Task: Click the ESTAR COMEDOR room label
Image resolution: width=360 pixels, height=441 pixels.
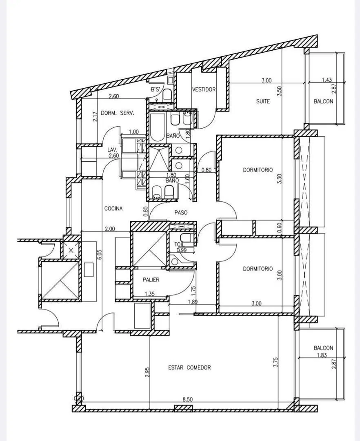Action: (x=189, y=367)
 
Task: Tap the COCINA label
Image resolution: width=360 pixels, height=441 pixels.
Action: (x=113, y=208)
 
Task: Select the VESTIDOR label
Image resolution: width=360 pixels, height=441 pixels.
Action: (x=204, y=89)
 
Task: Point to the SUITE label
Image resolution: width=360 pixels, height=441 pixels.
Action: (x=263, y=101)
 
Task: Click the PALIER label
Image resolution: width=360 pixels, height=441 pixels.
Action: (x=151, y=280)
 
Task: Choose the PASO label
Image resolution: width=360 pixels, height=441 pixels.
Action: (x=181, y=213)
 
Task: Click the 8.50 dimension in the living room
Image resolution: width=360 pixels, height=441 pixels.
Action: (x=188, y=399)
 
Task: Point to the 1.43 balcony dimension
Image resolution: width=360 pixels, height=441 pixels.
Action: (x=327, y=80)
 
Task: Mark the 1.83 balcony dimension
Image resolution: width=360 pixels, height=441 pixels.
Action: (x=322, y=355)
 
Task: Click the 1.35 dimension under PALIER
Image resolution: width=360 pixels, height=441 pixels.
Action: (x=150, y=294)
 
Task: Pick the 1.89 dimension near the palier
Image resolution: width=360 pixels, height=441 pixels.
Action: (x=193, y=302)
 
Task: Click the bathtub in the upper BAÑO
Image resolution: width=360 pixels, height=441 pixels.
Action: (x=157, y=127)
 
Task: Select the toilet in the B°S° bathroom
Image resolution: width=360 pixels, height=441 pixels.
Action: (x=167, y=94)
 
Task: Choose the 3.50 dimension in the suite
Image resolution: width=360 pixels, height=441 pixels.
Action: (x=279, y=91)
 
